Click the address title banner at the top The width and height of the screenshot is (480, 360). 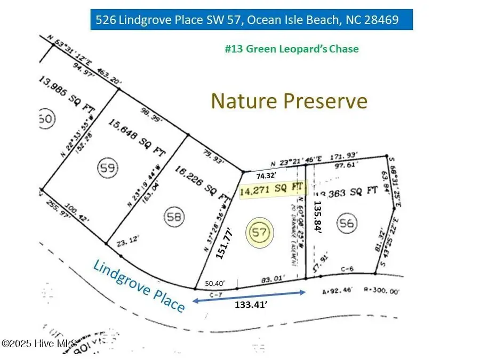[252, 20]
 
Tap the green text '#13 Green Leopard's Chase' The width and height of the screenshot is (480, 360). [292, 49]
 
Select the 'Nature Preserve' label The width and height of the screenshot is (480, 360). [289, 100]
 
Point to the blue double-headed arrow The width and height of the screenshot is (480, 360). [248, 296]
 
